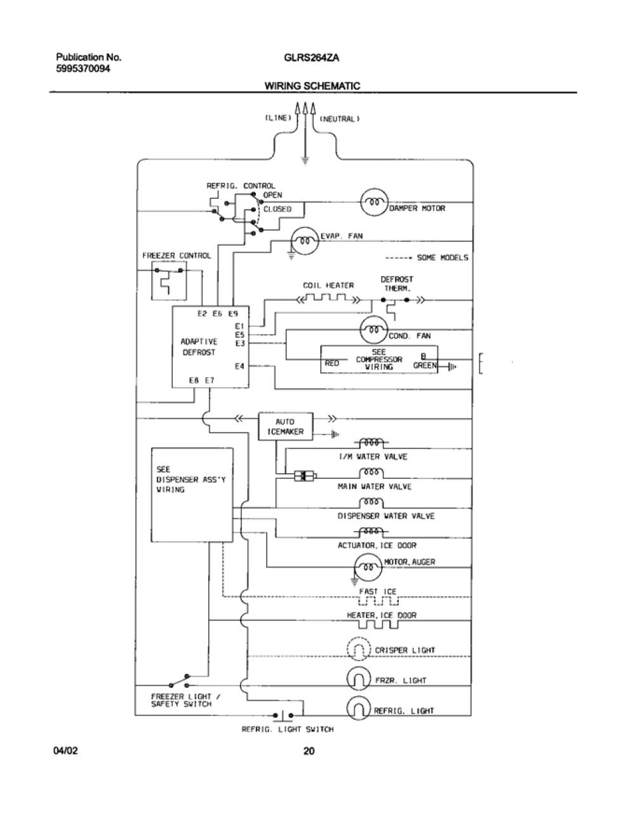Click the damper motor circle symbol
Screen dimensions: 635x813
[375, 203]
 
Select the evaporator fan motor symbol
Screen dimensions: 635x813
[305, 241]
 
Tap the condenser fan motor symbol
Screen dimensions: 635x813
[374, 330]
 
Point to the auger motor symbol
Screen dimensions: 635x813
[368, 567]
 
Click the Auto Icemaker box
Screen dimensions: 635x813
[286, 427]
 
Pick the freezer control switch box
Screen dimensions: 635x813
[169, 281]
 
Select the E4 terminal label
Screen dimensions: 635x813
[239, 366]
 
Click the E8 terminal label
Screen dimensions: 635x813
[194, 380]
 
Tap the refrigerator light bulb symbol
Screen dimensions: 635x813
[359, 708]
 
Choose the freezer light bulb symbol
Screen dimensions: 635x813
[359, 679]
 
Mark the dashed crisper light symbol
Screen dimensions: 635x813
[359, 649]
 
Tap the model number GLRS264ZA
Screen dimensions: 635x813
[312, 58]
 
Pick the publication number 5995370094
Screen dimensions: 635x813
[83, 69]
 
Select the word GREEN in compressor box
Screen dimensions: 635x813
[425, 365]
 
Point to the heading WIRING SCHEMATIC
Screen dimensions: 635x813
[312, 86]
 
